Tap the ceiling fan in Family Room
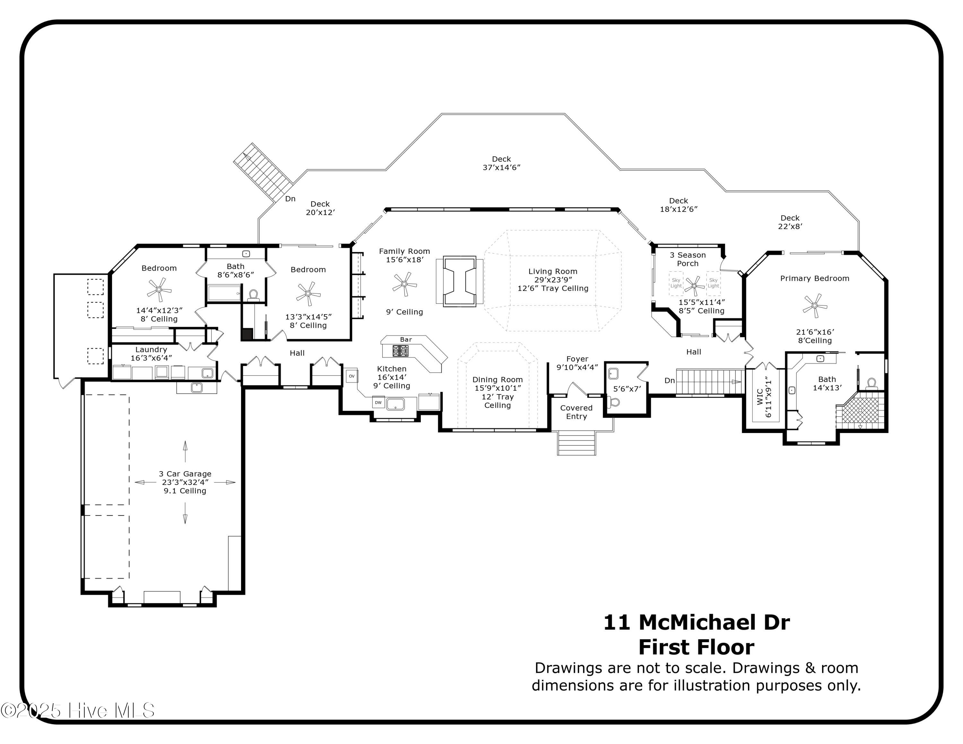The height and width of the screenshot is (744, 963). [x=404, y=284]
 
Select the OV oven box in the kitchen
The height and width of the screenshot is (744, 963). [x=351, y=376]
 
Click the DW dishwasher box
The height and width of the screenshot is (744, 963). [x=378, y=402]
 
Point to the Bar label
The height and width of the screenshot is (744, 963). [x=406, y=339]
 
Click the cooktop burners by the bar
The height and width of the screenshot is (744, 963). [x=400, y=351]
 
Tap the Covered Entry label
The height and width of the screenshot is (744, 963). [x=576, y=412]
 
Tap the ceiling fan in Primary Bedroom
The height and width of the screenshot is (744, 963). [x=814, y=306]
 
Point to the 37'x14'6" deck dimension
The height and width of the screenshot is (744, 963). [x=501, y=168]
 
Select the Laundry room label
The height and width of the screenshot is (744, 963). [x=151, y=350]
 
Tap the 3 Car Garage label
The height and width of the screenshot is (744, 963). [x=185, y=474]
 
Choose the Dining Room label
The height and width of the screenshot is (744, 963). [x=497, y=379]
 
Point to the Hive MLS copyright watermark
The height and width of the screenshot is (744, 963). [x=78, y=711]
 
